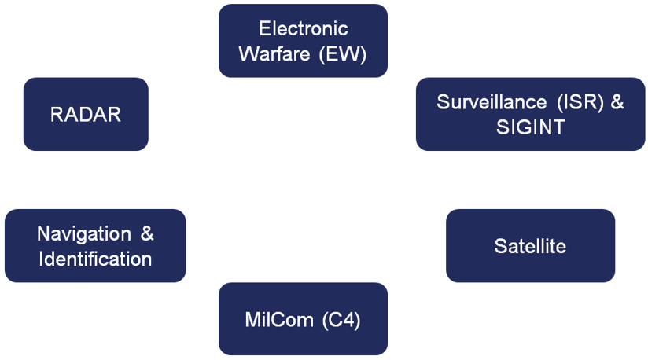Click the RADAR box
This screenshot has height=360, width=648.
pos(86,114)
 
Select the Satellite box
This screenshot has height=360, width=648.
pos(530,245)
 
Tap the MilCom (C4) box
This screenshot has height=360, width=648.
pos(303,319)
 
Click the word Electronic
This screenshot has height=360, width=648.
pos(303,29)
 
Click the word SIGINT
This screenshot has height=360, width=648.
pos(530,127)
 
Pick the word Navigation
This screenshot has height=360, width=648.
pos(84,233)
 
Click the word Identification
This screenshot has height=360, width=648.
pos(95,259)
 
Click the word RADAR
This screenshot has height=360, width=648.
pos(86,115)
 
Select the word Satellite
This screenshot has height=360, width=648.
pos(530,246)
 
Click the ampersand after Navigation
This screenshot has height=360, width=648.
pos(147,233)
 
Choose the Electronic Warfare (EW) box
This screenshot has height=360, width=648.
pos(303,41)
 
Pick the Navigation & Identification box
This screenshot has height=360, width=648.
pos(95,245)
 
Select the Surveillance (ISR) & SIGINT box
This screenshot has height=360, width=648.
pos(530,114)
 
